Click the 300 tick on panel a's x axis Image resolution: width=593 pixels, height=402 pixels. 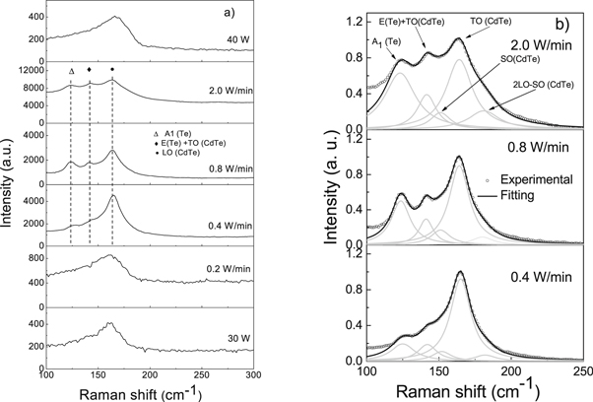coord(253,376)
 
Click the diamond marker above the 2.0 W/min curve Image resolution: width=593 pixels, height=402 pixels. coord(90,70)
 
